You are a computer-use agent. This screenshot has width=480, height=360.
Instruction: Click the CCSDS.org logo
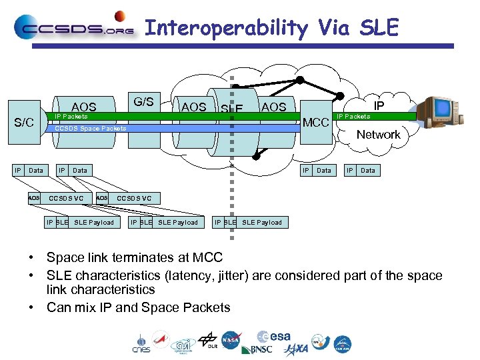point(73,27)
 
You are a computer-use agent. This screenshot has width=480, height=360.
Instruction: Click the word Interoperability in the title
point(226,28)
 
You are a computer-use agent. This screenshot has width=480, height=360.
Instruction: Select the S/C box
point(25,123)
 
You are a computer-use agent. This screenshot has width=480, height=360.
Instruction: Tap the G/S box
point(144,102)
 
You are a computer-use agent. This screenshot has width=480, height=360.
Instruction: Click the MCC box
point(316,123)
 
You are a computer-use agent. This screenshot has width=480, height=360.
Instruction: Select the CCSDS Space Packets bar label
point(90,129)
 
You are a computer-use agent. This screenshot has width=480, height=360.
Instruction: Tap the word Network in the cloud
point(378,135)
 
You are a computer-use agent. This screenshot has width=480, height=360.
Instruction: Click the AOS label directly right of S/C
point(84,107)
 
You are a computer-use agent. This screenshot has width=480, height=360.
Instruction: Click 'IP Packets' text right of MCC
point(353,117)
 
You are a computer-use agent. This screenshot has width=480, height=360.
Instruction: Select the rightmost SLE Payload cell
point(262,222)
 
